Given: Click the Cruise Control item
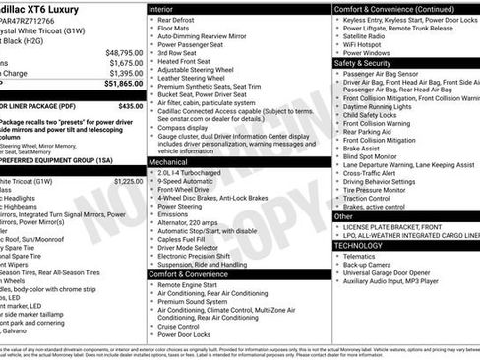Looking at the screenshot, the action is tap(183, 326).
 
